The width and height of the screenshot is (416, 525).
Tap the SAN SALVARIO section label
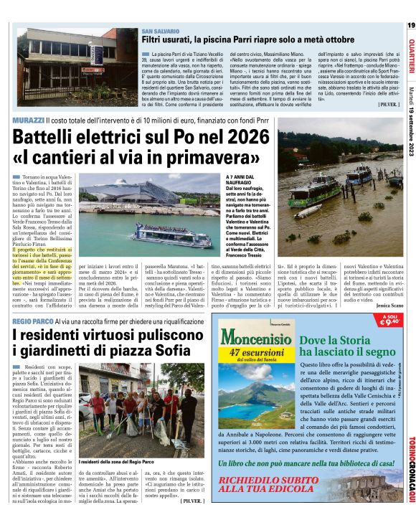pyautogui.click(x=160, y=34)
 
